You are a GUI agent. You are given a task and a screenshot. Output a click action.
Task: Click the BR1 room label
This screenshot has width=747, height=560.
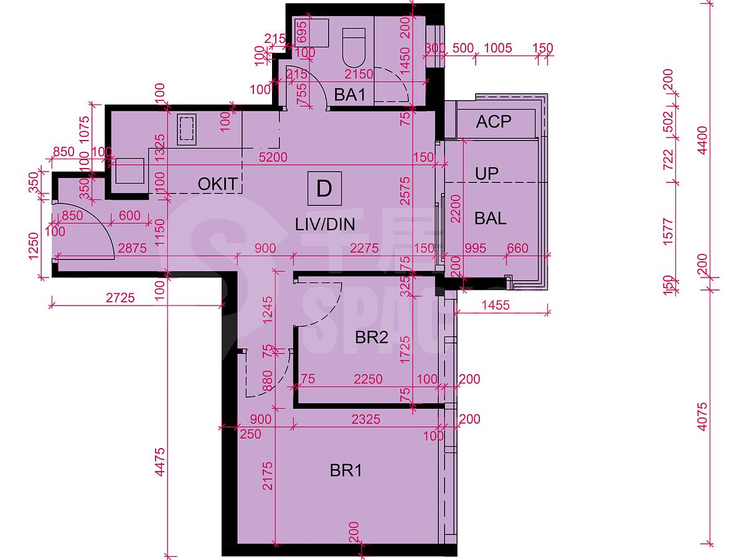coord(345,471)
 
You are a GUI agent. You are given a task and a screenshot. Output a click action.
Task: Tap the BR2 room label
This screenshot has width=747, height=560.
coord(372,338)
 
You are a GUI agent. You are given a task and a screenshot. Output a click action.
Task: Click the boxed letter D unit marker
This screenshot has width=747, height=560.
coord(324,188)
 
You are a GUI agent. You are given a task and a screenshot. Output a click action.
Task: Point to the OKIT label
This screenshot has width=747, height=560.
coord(217,184)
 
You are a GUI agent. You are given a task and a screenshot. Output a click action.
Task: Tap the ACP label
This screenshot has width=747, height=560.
coord(494,122)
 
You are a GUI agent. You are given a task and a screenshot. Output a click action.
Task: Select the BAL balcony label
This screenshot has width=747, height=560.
coord(490,218)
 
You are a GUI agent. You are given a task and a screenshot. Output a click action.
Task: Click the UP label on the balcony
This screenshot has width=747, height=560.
coord(487,174)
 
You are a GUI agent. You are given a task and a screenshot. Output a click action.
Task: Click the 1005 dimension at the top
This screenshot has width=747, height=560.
coord(497,49)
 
